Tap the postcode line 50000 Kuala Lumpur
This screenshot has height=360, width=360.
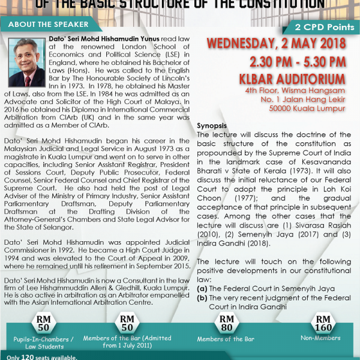pyautogui.click(x=311, y=108)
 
